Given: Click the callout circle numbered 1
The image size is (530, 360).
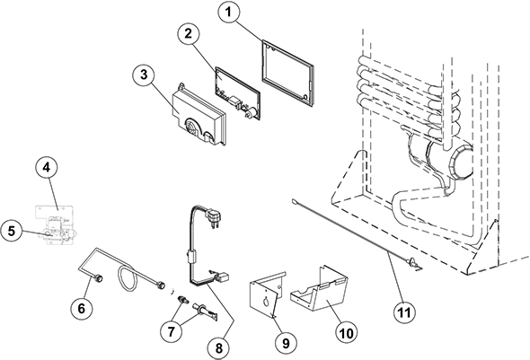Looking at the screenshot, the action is (229, 12).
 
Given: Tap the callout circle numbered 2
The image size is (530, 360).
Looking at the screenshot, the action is (189, 33).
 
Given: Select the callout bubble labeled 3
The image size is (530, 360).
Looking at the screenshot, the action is (144, 75).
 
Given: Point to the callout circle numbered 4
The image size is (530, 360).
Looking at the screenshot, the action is (47, 168).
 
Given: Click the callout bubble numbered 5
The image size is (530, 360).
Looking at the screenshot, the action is (12, 232).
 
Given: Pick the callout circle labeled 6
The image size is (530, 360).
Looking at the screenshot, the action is (82, 308).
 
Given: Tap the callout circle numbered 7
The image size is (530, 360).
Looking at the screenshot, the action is (171, 331).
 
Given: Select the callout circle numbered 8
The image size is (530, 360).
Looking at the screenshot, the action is (219, 347).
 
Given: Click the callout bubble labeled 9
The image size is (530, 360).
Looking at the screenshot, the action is (286, 343).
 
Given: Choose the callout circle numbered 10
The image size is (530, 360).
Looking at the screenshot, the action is (346, 334).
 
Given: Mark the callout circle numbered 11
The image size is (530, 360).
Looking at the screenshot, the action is (404, 312).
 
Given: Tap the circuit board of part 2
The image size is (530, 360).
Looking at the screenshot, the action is (238, 93).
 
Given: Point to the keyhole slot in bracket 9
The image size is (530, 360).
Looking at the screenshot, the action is (267, 300).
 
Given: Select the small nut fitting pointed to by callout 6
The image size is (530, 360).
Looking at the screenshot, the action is (99, 278).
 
